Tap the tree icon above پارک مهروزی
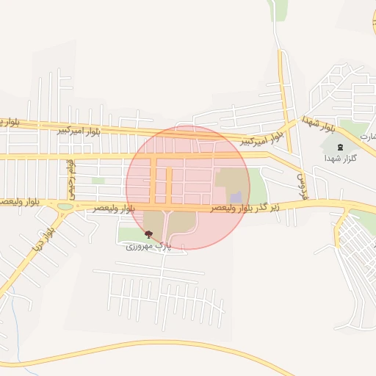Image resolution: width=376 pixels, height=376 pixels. pos(149,234)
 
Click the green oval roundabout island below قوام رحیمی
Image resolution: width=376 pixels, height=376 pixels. pos(65,206)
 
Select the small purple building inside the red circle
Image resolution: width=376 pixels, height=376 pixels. pos(236,198)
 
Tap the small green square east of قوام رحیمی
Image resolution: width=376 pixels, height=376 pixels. pos(98,180)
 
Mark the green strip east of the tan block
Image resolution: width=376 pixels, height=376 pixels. pos(257,184)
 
